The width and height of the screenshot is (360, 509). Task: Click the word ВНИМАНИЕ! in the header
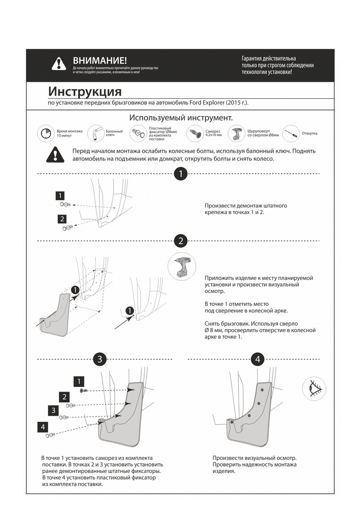point(100,61)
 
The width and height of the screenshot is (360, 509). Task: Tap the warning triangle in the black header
point(59,64)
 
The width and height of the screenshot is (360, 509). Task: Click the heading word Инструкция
point(85,91)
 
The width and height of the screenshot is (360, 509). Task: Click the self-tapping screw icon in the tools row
point(195,133)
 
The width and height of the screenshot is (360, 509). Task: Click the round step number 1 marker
point(181,174)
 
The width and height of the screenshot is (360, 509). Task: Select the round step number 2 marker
point(181,241)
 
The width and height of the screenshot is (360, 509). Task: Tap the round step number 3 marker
point(99,359)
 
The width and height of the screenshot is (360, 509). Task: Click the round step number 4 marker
point(258,359)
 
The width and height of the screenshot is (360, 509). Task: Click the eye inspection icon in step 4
point(314,388)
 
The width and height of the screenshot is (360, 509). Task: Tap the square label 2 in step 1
point(62,219)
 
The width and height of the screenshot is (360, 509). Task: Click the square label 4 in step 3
point(43,427)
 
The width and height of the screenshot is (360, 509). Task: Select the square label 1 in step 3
point(79,381)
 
